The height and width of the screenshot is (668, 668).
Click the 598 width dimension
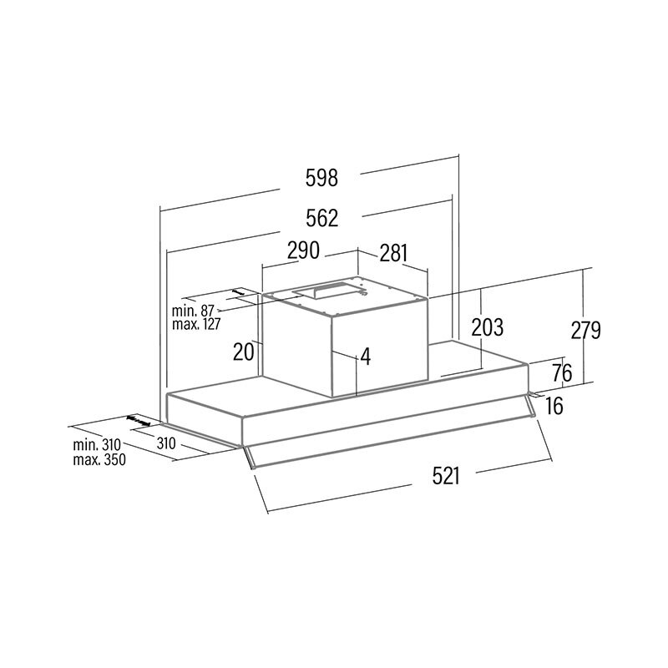tap(321, 178)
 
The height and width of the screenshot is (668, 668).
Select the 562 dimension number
tap(321, 219)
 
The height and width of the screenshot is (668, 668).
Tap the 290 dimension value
tap(303, 250)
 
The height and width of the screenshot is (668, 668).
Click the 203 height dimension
tap(488, 327)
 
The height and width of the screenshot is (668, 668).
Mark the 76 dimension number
tap(562, 372)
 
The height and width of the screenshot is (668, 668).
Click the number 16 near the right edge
tap(555, 407)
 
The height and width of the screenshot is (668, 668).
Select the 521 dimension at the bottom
tap(448, 476)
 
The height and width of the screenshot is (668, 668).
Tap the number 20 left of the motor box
tap(243, 352)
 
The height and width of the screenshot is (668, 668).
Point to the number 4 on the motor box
tap(364, 357)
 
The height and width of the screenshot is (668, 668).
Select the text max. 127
tap(197, 324)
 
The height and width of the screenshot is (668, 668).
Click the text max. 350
tap(99, 459)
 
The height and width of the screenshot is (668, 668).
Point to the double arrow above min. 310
tap(139, 420)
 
